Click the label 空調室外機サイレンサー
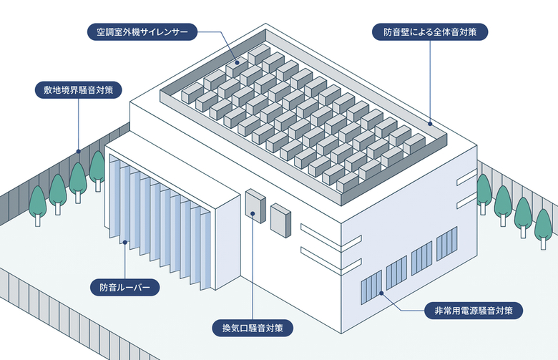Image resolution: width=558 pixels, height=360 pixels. pyautogui.click(x=139, y=32)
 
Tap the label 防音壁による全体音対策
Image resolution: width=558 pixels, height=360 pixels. pyautogui.click(x=431, y=32)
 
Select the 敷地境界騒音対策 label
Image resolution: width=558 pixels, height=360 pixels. pyautogui.click(x=79, y=91)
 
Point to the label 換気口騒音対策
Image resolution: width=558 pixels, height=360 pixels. pyautogui.click(x=253, y=329)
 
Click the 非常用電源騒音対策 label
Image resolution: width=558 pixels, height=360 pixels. pyautogui.click(x=473, y=311)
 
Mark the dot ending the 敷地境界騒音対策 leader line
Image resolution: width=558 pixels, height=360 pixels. pyautogui.click(x=78, y=151)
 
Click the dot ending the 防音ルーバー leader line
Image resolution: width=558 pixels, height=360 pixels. pyautogui.click(x=125, y=243)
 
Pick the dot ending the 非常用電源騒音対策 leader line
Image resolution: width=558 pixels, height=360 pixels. pyautogui.click(x=381, y=293)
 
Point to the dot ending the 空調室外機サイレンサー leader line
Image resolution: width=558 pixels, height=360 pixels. pyautogui.click(x=236, y=64)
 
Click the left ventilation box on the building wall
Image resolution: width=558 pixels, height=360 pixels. pyautogui.click(x=255, y=205)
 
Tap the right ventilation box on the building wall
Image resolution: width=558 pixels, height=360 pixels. pyautogui.click(x=280, y=220)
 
